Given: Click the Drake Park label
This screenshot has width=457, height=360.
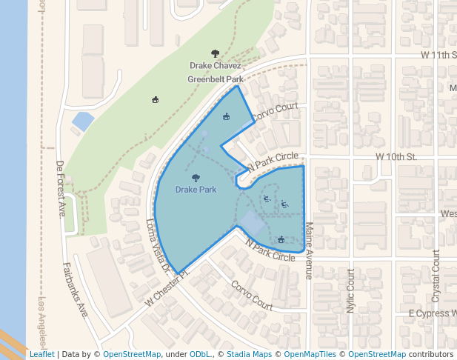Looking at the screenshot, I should click(196, 190).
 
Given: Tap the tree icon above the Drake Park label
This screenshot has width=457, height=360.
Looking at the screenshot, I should click(196, 178).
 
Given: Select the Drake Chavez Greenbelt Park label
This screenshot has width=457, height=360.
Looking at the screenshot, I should click(215, 72).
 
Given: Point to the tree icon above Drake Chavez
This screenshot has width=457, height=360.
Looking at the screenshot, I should click(216, 53).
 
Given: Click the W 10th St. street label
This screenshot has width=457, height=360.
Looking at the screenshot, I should click(396, 157).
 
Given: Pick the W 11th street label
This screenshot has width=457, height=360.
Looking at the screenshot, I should click(437, 55).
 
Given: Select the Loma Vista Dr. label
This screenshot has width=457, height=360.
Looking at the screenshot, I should click(159, 244).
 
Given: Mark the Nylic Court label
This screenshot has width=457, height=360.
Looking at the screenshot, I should click(351, 290).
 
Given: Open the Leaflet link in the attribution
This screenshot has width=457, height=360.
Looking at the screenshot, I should click(41, 354).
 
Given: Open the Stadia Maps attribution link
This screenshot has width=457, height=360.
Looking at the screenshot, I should click(249, 354).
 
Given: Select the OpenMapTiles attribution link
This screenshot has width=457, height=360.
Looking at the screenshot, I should click(310, 354).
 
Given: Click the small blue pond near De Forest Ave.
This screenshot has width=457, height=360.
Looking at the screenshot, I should click(83, 120).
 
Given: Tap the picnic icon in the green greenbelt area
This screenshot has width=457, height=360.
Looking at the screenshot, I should click(155, 100).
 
